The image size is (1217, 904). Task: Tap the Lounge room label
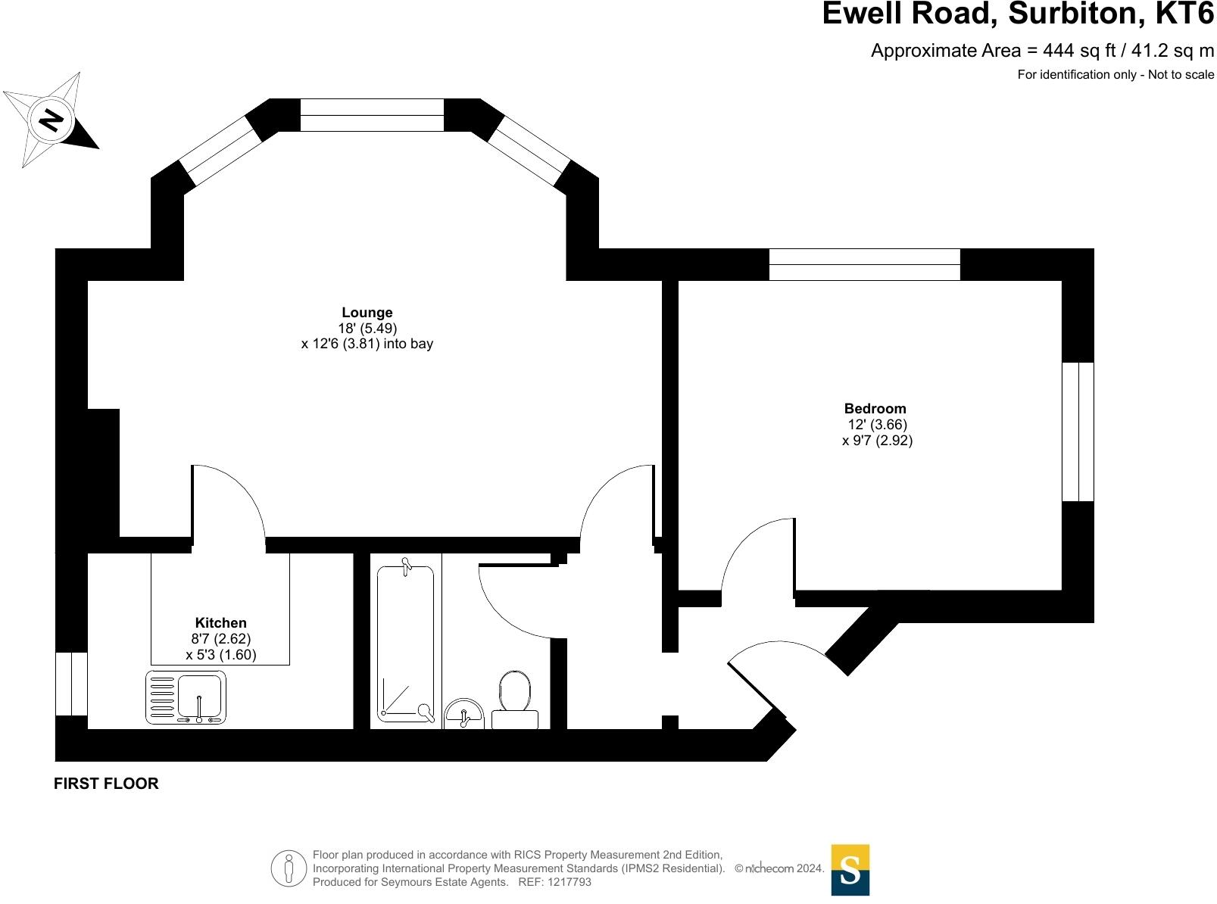pos(367,313)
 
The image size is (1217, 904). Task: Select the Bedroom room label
pos(875,409)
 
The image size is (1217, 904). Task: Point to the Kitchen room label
pos(220,622)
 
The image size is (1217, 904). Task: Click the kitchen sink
pos(186,697)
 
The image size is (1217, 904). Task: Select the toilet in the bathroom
pos(515,700)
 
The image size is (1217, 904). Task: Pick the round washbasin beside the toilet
pos(464,713)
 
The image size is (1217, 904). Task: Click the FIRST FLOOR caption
pos(106,784)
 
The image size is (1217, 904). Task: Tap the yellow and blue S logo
pos(850,870)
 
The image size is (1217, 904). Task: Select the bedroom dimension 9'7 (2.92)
pos(877,441)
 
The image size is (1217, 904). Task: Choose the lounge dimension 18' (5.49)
pos(367,328)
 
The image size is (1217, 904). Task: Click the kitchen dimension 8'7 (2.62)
pos(220,638)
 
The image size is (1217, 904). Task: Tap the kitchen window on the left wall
pos(71,684)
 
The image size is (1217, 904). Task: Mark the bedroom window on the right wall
pos(1078,432)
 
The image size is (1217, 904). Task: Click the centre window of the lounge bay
pos(372,115)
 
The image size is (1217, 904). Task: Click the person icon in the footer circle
pos(289,869)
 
